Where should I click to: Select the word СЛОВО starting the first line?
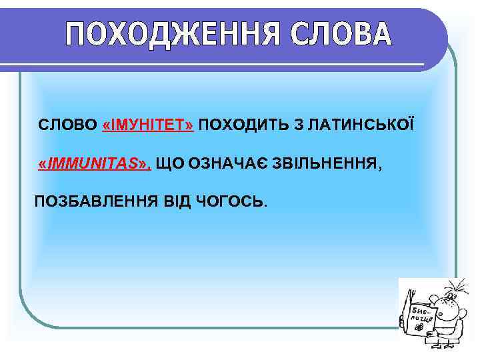[67, 125]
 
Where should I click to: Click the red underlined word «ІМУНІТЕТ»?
[149, 125]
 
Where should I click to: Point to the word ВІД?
[175, 201]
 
